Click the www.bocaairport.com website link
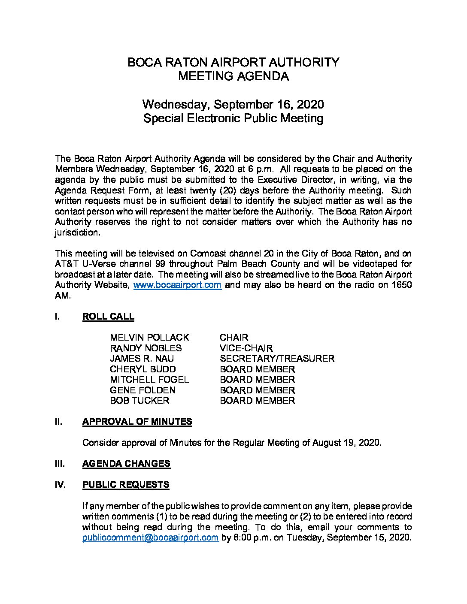(x=178, y=285)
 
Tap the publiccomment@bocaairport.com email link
(x=151, y=538)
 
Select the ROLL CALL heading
(x=108, y=317)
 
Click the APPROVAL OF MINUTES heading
(x=137, y=422)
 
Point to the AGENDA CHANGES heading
(x=126, y=463)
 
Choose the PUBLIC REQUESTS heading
(x=126, y=485)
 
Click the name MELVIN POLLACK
(x=149, y=338)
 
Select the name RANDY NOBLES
(x=146, y=348)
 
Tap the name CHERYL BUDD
(x=143, y=369)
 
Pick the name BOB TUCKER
(x=139, y=401)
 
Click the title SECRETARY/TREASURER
(x=277, y=359)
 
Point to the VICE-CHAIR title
(x=246, y=348)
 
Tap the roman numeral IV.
(x=60, y=485)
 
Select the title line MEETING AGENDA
(x=233, y=76)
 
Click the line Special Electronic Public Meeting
(x=233, y=118)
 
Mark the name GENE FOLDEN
(x=143, y=390)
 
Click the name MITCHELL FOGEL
(x=149, y=380)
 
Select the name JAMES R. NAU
(x=142, y=359)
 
